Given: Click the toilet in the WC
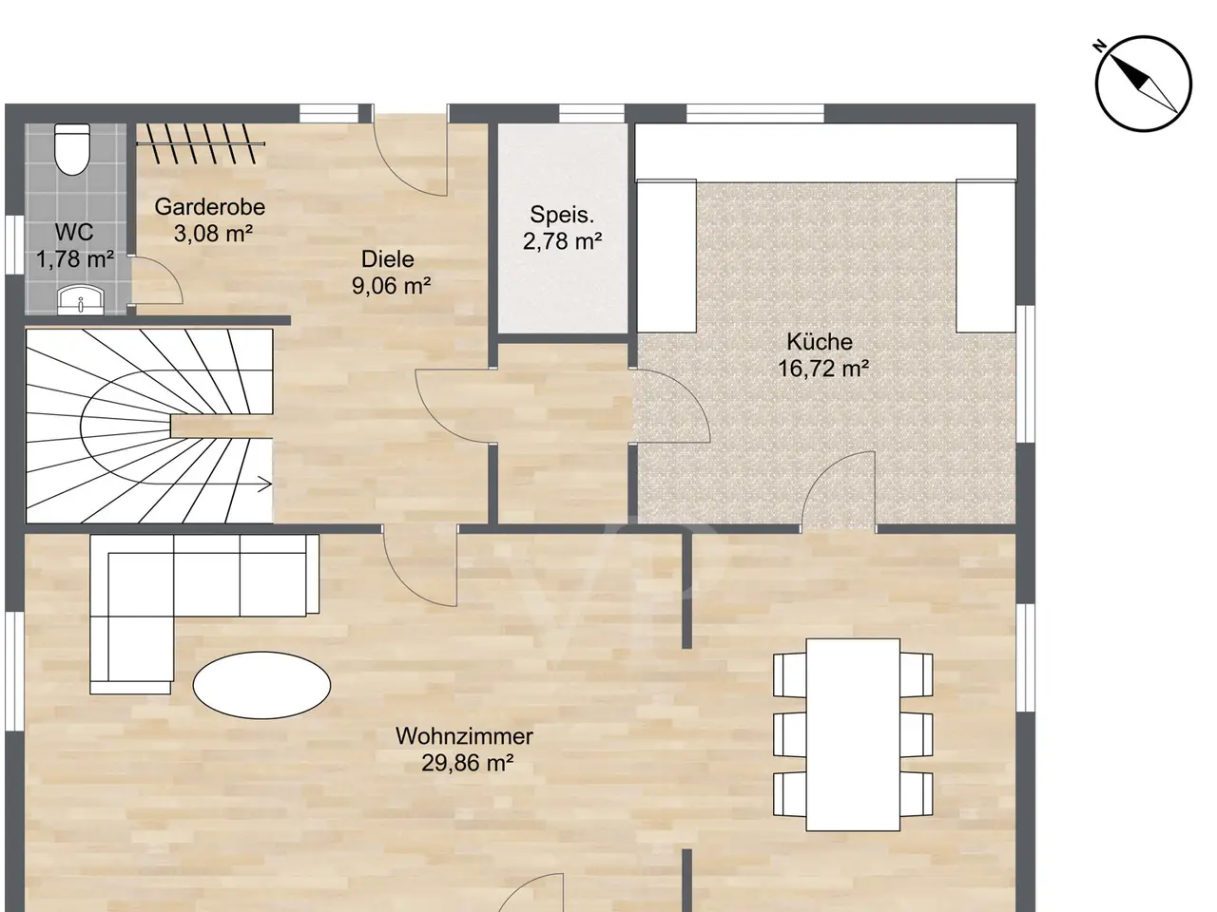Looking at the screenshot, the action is (x=72, y=149).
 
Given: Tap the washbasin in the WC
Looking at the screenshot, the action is (x=81, y=300).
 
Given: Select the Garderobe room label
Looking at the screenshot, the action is (x=209, y=207).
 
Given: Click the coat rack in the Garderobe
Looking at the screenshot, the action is (x=201, y=144).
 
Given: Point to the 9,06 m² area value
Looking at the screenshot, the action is (x=392, y=286).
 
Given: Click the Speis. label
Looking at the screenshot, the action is (x=562, y=216).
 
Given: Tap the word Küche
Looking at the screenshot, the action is (x=820, y=342).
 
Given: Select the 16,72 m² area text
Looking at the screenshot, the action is (x=823, y=369).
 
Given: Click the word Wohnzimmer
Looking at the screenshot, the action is (x=465, y=736).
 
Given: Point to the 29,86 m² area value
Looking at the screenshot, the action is (x=468, y=763).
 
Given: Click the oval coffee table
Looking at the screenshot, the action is (x=261, y=685).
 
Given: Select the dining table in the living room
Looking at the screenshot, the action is (x=853, y=734).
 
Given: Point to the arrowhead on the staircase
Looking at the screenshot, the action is (x=265, y=484).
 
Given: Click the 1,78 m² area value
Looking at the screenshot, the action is (x=75, y=259).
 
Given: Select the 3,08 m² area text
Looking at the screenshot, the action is (x=214, y=234).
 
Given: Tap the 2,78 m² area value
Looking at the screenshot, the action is (x=562, y=241).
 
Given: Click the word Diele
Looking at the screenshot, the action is (x=388, y=259).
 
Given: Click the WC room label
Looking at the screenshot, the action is (x=74, y=233).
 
